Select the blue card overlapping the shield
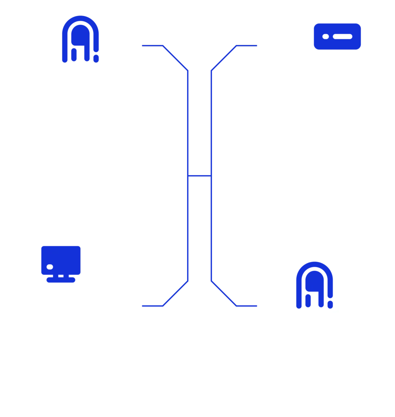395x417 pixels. click(x=337, y=36)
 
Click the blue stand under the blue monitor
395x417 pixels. click(x=61, y=280)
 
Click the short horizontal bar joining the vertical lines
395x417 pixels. click(x=199, y=176)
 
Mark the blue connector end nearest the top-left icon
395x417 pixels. click(x=143, y=46)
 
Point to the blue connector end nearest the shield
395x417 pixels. click(x=255, y=46)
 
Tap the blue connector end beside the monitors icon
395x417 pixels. click(x=143, y=305)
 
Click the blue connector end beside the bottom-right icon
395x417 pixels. click(x=255, y=305)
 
